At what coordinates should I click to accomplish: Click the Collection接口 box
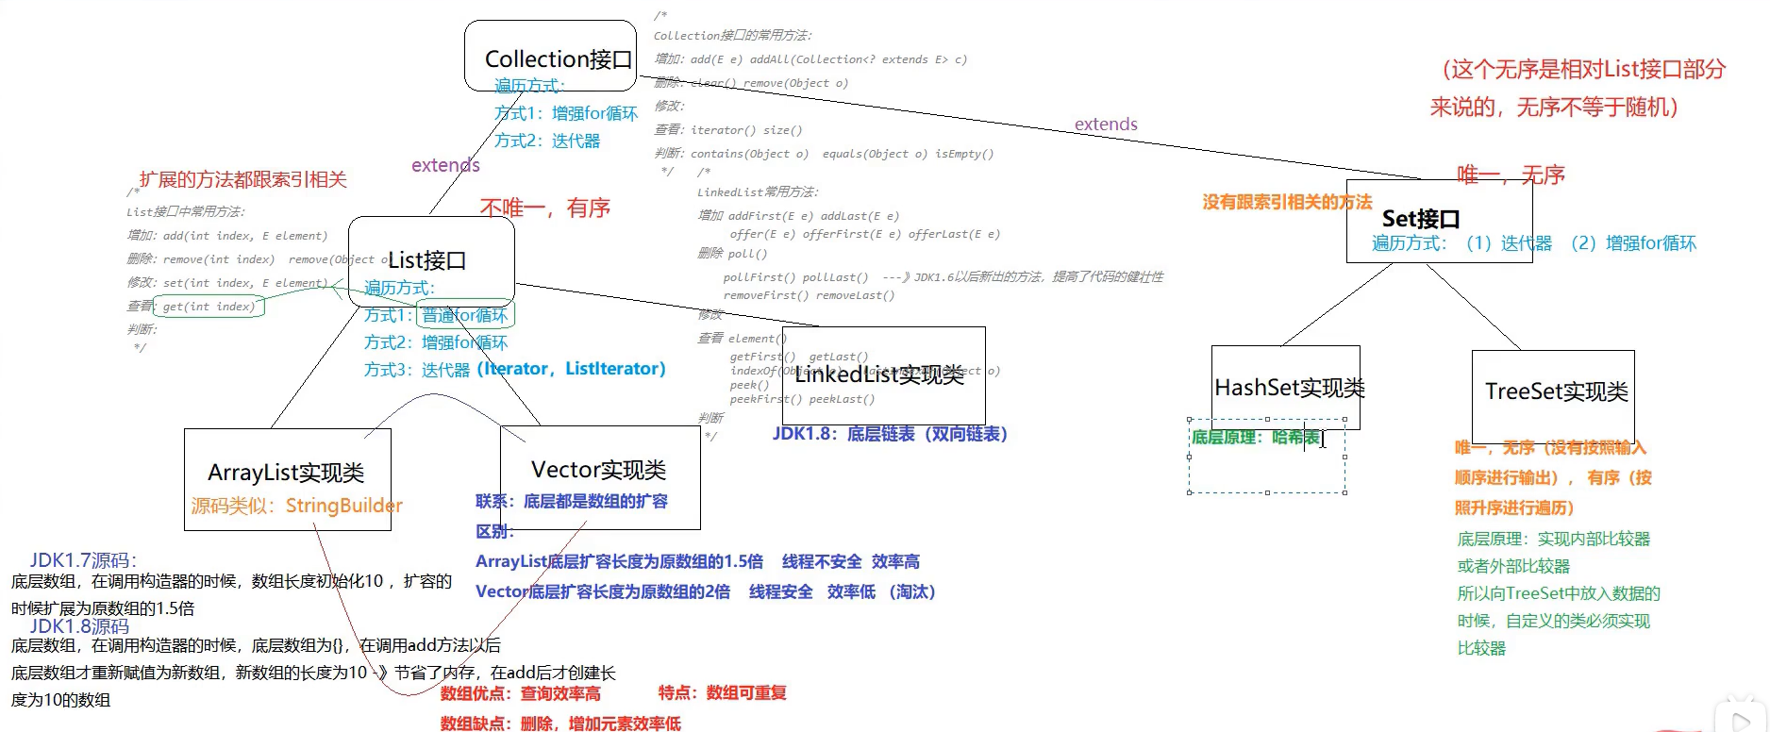pos(551,56)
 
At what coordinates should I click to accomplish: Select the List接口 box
pos(431,259)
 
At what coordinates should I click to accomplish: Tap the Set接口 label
pos(1421,220)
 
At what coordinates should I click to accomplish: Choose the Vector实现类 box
pos(599,470)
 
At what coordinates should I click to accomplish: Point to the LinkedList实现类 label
pos(879,375)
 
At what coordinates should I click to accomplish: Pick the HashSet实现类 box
pos(1289,388)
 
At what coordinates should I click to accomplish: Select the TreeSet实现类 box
pos(1556,391)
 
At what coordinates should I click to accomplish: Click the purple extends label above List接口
pos(445,165)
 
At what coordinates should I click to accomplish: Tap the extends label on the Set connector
pos(1106,125)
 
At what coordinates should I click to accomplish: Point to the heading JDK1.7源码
pos(83,560)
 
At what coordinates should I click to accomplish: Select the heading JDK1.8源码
pos(79,626)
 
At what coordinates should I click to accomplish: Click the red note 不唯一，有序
pos(545,208)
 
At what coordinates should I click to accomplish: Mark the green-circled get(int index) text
pos(209,307)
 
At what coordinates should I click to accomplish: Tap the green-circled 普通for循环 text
pos(464,315)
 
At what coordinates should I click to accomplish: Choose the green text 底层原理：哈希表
pos(1255,437)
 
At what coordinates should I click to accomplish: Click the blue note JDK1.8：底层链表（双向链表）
pos(890,434)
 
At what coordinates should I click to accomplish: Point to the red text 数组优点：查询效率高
pos(520,693)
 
